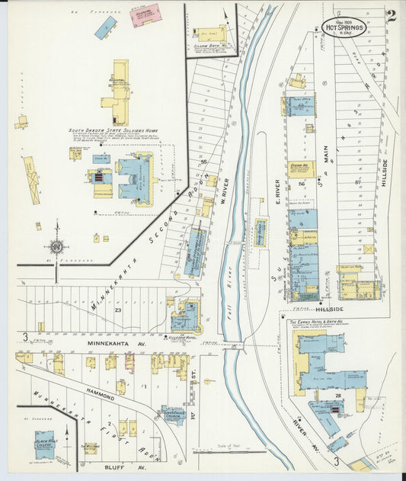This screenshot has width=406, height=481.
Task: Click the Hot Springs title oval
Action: point(344,27)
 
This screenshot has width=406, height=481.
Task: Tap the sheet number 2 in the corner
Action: point(390,17)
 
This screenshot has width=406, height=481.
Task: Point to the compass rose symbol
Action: point(56,245)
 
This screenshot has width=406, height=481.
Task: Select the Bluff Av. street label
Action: point(132,467)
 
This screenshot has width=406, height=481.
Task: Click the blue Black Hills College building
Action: point(45,444)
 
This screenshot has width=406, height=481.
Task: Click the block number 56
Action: point(302,184)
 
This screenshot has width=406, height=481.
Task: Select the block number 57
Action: point(356,183)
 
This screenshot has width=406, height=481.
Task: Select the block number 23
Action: point(119,310)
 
